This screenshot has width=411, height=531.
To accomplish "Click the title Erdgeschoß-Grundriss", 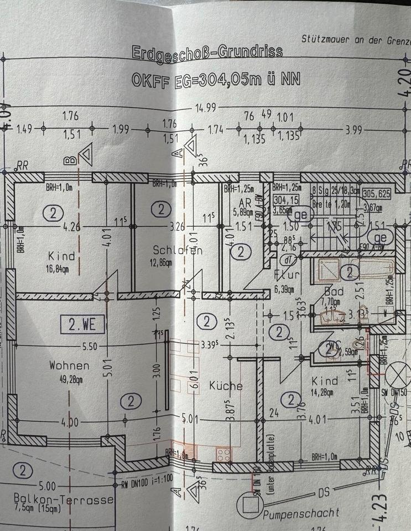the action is [x=207, y=53].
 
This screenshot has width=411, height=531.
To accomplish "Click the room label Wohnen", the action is [x=69, y=366].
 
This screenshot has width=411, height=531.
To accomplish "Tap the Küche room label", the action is [x=226, y=386].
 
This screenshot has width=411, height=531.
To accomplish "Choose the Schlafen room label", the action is [x=178, y=251].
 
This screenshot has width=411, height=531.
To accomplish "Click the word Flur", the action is [x=287, y=275].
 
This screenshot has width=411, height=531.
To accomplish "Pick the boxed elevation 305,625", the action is [x=376, y=194].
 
